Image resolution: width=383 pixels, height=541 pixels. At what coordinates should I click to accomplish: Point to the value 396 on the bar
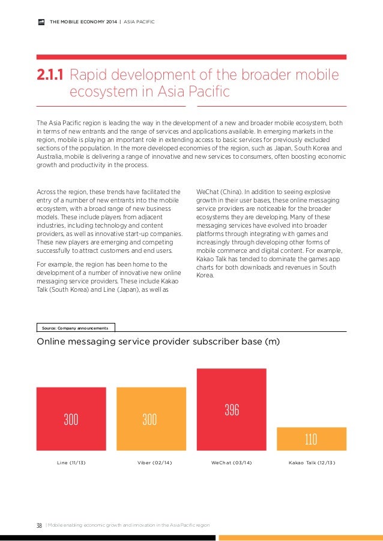pyautogui.click(x=232, y=410)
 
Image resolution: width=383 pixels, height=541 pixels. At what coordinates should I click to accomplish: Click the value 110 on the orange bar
pyautogui.click(x=310, y=439)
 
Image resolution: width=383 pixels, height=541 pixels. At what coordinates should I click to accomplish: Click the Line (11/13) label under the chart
pyautogui.click(x=71, y=463)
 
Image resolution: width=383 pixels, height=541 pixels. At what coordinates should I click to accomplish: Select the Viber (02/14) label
pyautogui.click(x=151, y=463)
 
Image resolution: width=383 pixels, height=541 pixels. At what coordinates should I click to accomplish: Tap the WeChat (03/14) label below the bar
pyautogui.click(x=232, y=463)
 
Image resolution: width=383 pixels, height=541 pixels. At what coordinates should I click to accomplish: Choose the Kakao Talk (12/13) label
pyautogui.click(x=312, y=463)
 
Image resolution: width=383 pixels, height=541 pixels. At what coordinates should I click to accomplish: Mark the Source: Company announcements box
pyautogui.click(x=76, y=328)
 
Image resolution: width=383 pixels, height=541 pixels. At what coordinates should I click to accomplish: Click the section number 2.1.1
pyautogui.click(x=50, y=75)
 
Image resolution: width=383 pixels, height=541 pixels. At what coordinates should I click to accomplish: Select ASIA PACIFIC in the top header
pyautogui.click(x=139, y=23)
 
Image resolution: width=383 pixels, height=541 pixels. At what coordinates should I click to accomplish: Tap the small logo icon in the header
pyautogui.click(x=41, y=23)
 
